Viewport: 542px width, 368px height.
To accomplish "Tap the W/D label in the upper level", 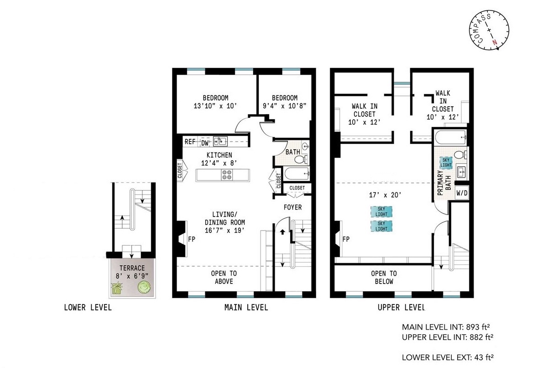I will tap(462, 193).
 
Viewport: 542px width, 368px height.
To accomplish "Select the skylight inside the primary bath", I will tap(445, 162).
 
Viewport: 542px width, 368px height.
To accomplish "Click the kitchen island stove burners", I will tap(227, 174).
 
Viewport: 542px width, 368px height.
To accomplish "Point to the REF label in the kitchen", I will tap(190, 142).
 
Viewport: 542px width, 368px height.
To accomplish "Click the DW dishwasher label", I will tap(205, 142).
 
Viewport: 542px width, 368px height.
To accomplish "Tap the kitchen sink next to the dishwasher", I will tap(221, 141).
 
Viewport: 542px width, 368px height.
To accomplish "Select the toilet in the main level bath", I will tap(300, 160).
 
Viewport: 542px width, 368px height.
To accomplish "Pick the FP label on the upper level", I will tap(346, 239).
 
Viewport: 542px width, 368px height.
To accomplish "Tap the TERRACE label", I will tap(132, 268).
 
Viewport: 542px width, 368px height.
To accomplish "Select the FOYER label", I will tap(292, 207).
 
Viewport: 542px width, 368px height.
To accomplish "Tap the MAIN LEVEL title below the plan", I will tap(246, 308).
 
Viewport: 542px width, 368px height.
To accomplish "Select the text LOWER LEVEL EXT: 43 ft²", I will tap(448, 357).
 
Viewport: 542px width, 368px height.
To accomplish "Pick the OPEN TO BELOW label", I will tap(384, 277).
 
